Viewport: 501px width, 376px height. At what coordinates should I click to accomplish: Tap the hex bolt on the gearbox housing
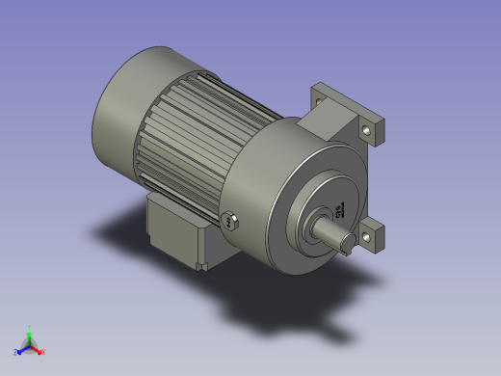[229, 220]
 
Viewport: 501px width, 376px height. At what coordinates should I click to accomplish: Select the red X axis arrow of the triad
[37, 349]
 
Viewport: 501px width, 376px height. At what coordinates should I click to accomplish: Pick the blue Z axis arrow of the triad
[21, 349]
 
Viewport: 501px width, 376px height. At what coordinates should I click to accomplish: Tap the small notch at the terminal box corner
[201, 262]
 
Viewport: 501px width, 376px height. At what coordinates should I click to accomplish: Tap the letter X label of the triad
[43, 352]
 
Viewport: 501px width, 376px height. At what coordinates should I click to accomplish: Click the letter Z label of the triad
[15, 352]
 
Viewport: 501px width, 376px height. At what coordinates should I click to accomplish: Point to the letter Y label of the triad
[29, 328]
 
